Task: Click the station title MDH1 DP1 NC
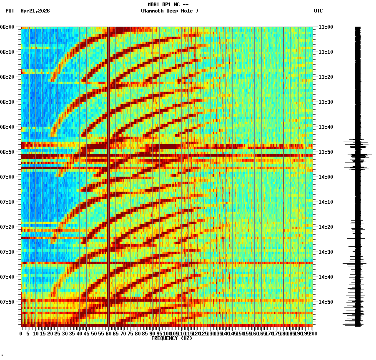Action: point(168,5)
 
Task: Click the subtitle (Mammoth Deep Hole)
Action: point(169,11)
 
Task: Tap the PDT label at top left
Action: point(10,11)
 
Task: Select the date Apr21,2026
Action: point(35,11)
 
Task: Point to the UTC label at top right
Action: point(318,11)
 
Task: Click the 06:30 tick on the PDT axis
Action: point(8,102)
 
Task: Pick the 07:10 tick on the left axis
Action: point(8,202)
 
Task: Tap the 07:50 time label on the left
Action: point(8,302)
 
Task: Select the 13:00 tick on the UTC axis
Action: point(325,27)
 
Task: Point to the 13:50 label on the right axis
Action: point(325,152)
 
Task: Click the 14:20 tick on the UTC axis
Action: point(325,227)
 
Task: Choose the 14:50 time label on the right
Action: point(325,302)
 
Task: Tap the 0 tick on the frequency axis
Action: point(21,334)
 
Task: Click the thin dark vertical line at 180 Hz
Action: point(283,104)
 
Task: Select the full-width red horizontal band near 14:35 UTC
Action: point(167,263)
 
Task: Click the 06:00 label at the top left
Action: point(8,27)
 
